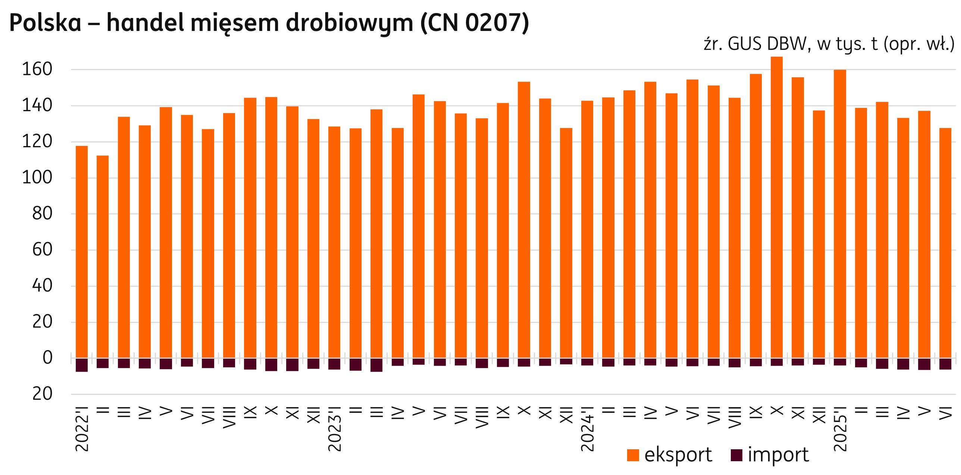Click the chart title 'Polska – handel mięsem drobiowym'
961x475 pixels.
click(269, 23)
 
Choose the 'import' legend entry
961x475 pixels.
click(770, 455)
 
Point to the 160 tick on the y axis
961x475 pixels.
click(37, 69)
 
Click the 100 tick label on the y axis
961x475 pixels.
click(37, 178)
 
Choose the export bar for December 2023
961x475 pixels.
click(566, 243)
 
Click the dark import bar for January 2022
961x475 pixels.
click(82, 365)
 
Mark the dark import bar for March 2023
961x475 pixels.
click(377, 365)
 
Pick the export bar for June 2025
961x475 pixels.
click(945, 243)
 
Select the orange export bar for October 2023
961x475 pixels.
click(524, 220)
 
